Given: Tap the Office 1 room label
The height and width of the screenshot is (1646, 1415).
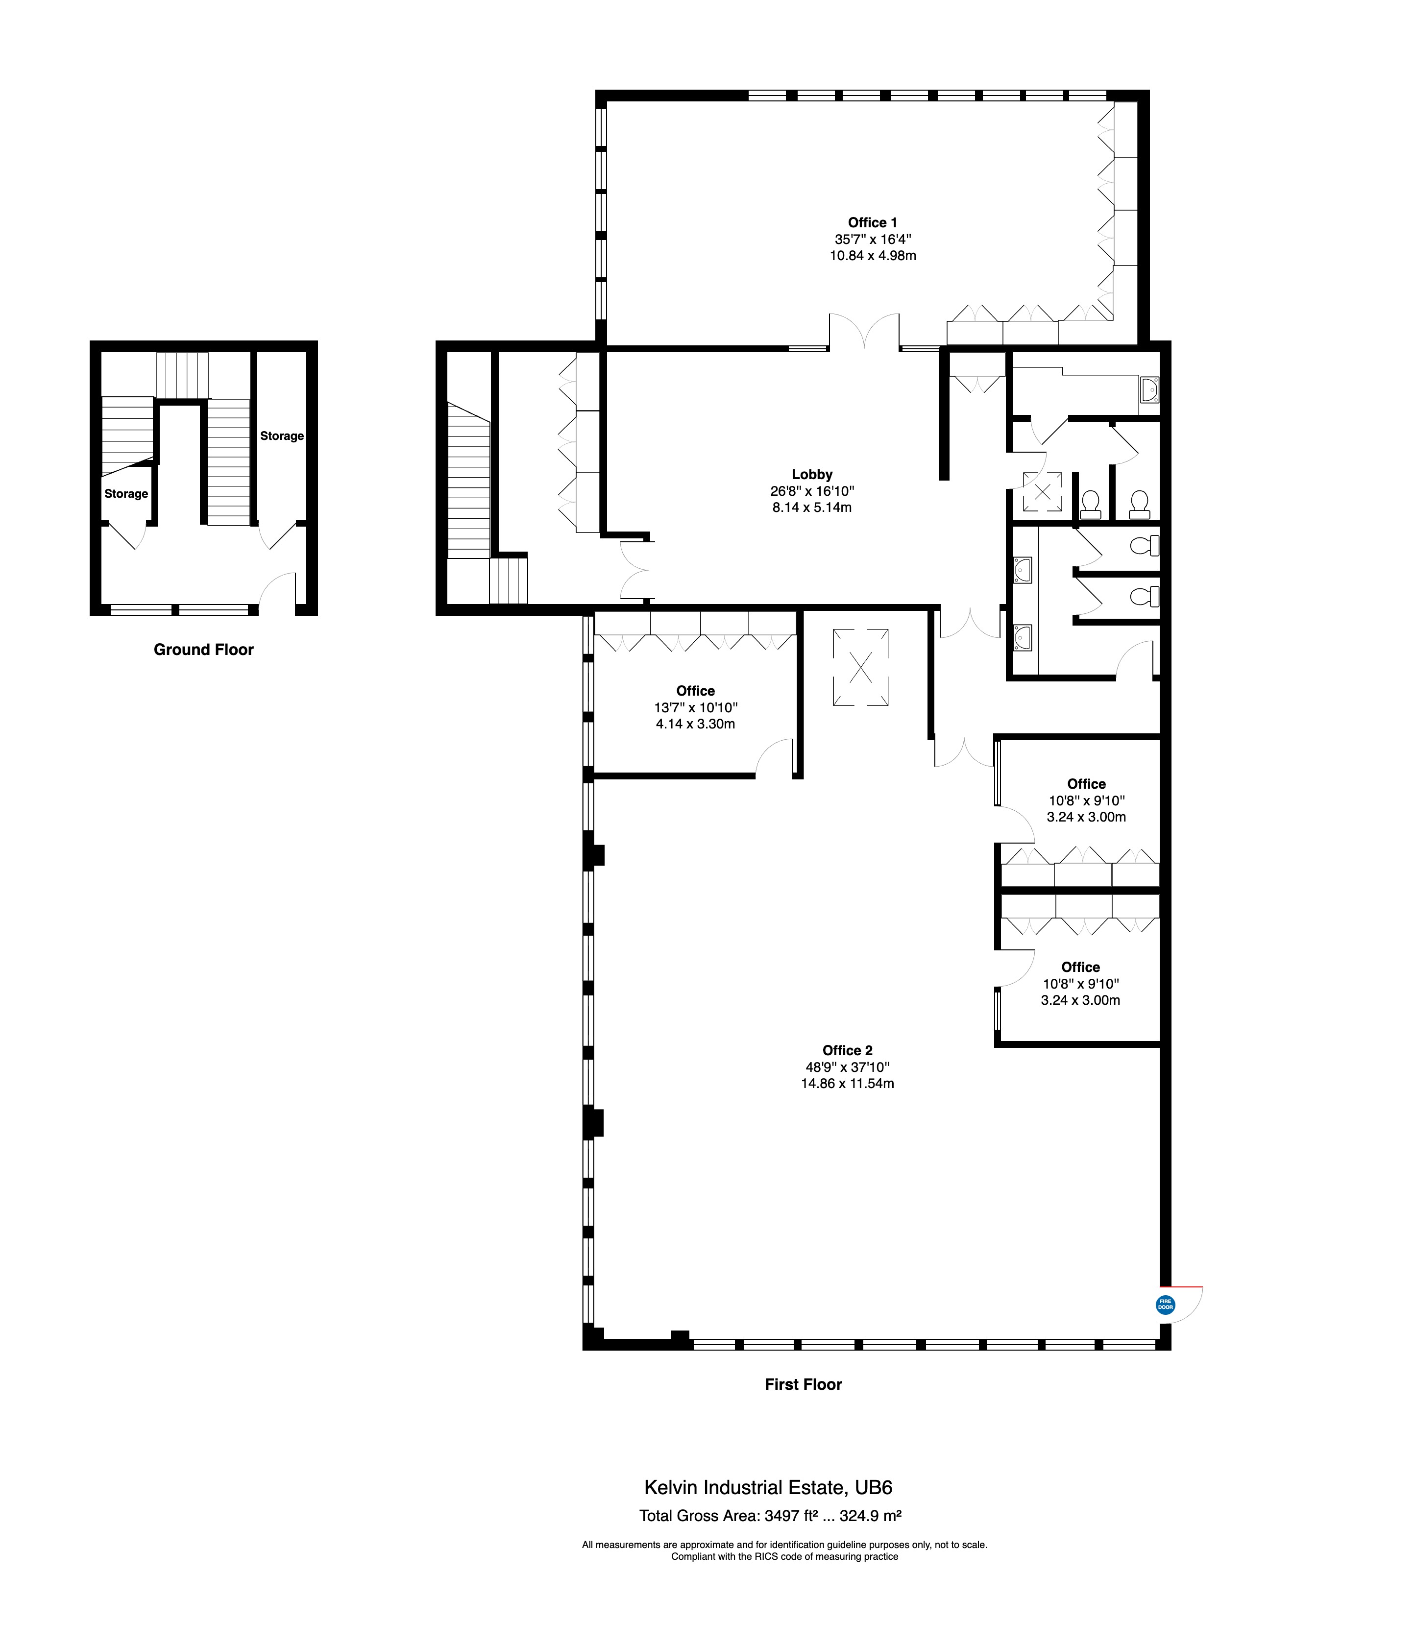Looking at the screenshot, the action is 872,222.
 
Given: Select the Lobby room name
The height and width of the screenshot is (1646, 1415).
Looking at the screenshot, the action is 812,474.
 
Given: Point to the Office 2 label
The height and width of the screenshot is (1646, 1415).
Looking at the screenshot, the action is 847,1050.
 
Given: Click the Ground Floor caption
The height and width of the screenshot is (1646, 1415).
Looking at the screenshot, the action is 203,650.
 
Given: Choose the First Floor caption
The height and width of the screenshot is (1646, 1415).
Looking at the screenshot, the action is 803,1384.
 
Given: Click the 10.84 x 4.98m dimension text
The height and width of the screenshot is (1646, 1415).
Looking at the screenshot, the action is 873,256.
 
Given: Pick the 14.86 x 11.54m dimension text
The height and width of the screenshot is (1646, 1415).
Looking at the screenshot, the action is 847,1084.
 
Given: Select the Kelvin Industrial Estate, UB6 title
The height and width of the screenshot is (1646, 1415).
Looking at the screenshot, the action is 768,1488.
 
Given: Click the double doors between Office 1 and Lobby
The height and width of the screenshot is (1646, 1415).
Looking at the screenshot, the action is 864,332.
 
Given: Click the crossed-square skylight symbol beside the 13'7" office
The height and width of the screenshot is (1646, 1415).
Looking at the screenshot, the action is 860,667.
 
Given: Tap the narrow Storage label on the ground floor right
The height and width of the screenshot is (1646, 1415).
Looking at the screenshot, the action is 282,436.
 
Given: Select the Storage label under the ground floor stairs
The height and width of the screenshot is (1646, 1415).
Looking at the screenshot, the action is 126,494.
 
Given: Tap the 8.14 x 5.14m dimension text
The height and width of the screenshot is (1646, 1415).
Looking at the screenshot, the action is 812,508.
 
